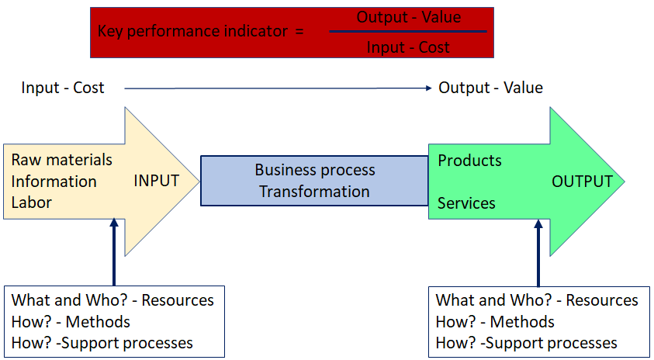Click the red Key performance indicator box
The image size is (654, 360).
[x=202, y=33]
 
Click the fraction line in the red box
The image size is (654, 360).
[x=408, y=32]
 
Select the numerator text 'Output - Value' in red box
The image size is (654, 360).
[x=408, y=17]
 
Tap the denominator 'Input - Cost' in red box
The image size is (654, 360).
[x=408, y=47]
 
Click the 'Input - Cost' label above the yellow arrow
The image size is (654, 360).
[x=63, y=88]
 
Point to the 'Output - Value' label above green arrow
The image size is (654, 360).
[x=490, y=88]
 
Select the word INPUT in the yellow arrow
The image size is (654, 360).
[x=157, y=181]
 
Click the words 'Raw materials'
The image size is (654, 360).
[x=62, y=160]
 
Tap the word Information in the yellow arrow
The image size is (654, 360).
[x=54, y=182]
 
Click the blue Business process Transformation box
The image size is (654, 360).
[x=314, y=181]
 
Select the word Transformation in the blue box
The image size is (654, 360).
[x=314, y=191]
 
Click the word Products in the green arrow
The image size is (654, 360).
[x=469, y=161]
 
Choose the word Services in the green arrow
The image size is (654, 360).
[x=466, y=203]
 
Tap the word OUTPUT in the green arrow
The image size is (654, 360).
[x=582, y=182]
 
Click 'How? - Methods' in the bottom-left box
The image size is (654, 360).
[x=71, y=321]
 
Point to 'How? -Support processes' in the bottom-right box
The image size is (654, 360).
[x=527, y=343]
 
